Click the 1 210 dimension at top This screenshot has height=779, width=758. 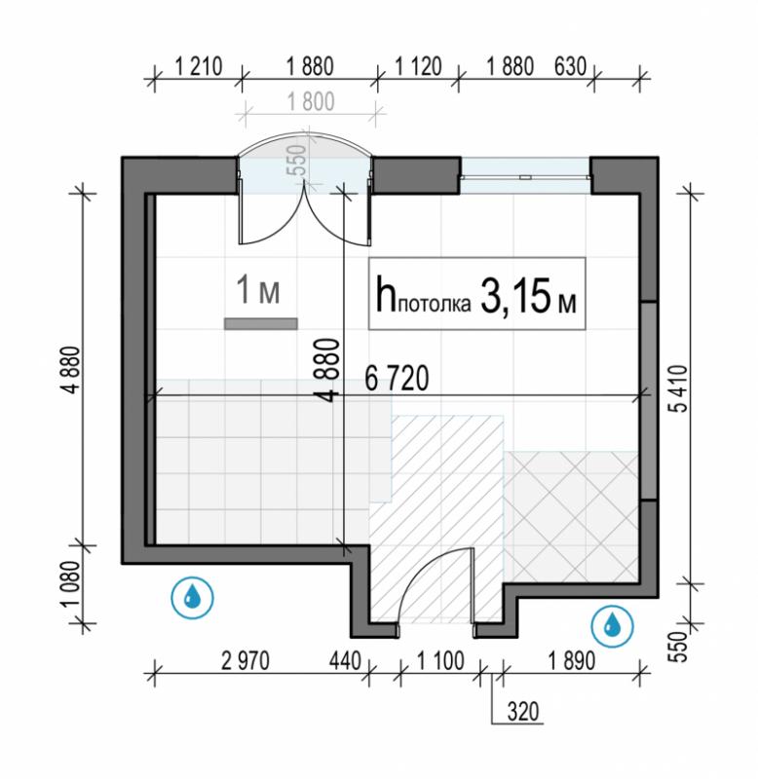tap(198, 66)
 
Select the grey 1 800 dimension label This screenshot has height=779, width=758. tap(311, 102)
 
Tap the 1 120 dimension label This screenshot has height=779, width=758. tap(418, 66)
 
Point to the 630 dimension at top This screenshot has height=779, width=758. tap(570, 66)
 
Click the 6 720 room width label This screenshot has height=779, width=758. tap(397, 379)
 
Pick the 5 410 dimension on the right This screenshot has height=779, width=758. tap(679, 389)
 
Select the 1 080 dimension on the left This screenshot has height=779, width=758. tap(72, 583)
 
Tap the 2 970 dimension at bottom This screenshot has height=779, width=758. tap(246, 661)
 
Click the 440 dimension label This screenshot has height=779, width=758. tap(345, 661)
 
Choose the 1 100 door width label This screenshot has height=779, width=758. tap(440, 661)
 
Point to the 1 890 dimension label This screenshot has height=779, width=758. tap(572, 661)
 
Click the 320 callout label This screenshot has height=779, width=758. tap(523, 712)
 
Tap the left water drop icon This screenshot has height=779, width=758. tap(192, 597)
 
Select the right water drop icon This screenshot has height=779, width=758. tap(613, 626)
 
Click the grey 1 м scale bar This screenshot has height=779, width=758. tap(261, 324)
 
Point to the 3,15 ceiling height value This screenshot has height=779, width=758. tap(515, 297)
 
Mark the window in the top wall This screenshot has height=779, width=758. tap(525, 176)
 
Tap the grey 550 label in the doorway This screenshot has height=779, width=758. tap(297, 161)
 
